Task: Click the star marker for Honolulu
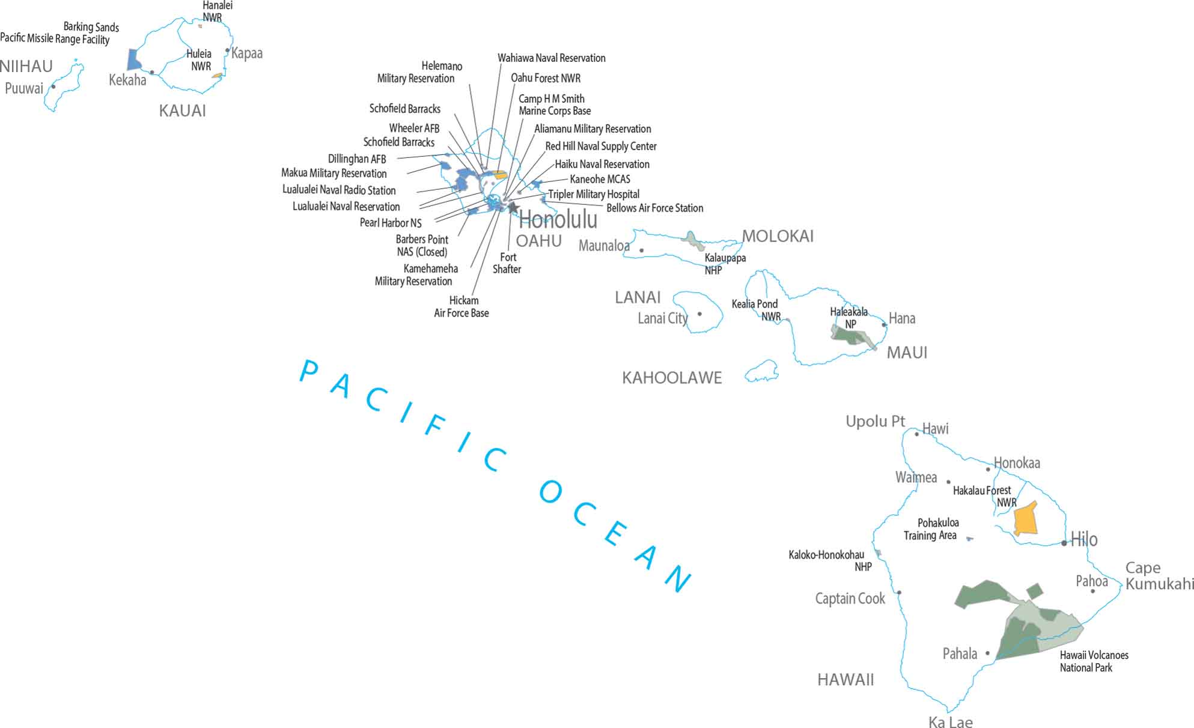pyautogui.click(x=513, y=207)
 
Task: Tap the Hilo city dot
pyautogui.click(x=1064, y=543)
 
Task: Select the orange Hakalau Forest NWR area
pyautogui.click(x=1026, y=519)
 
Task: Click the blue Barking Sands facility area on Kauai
pyautogui.click(x=133, y=60)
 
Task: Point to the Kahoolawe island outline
pyautogui.click(x=762, y=372)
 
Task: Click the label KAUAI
pyautogui.click(x=183, y=111)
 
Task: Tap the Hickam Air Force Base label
pyautogui.click(x=461, y=306)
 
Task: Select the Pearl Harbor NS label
pyautogui.click(x=391, y=223)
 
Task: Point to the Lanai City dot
pyautogui.click(x=699, y=314)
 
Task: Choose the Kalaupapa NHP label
pyautogui.click(x=725, y=264)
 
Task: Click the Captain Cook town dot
pyautogui.click(x=899, y=592)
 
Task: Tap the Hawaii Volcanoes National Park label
pyautogui.click(x=1094, y=661)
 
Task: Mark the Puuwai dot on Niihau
pyautogui.click(x=53, y=86)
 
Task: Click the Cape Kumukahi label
pyautogui.click(x=1159, y=575)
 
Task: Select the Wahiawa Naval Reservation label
pyautogui.click(x=551, y=58)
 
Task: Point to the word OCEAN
pyautogui.click(x=616, y=535)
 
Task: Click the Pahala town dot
pyautogui.click(x=987, y=653)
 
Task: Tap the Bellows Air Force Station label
pyautogui.click(x=654, y=208)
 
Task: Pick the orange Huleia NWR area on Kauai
pyautogui.click(x=218, y=76)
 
